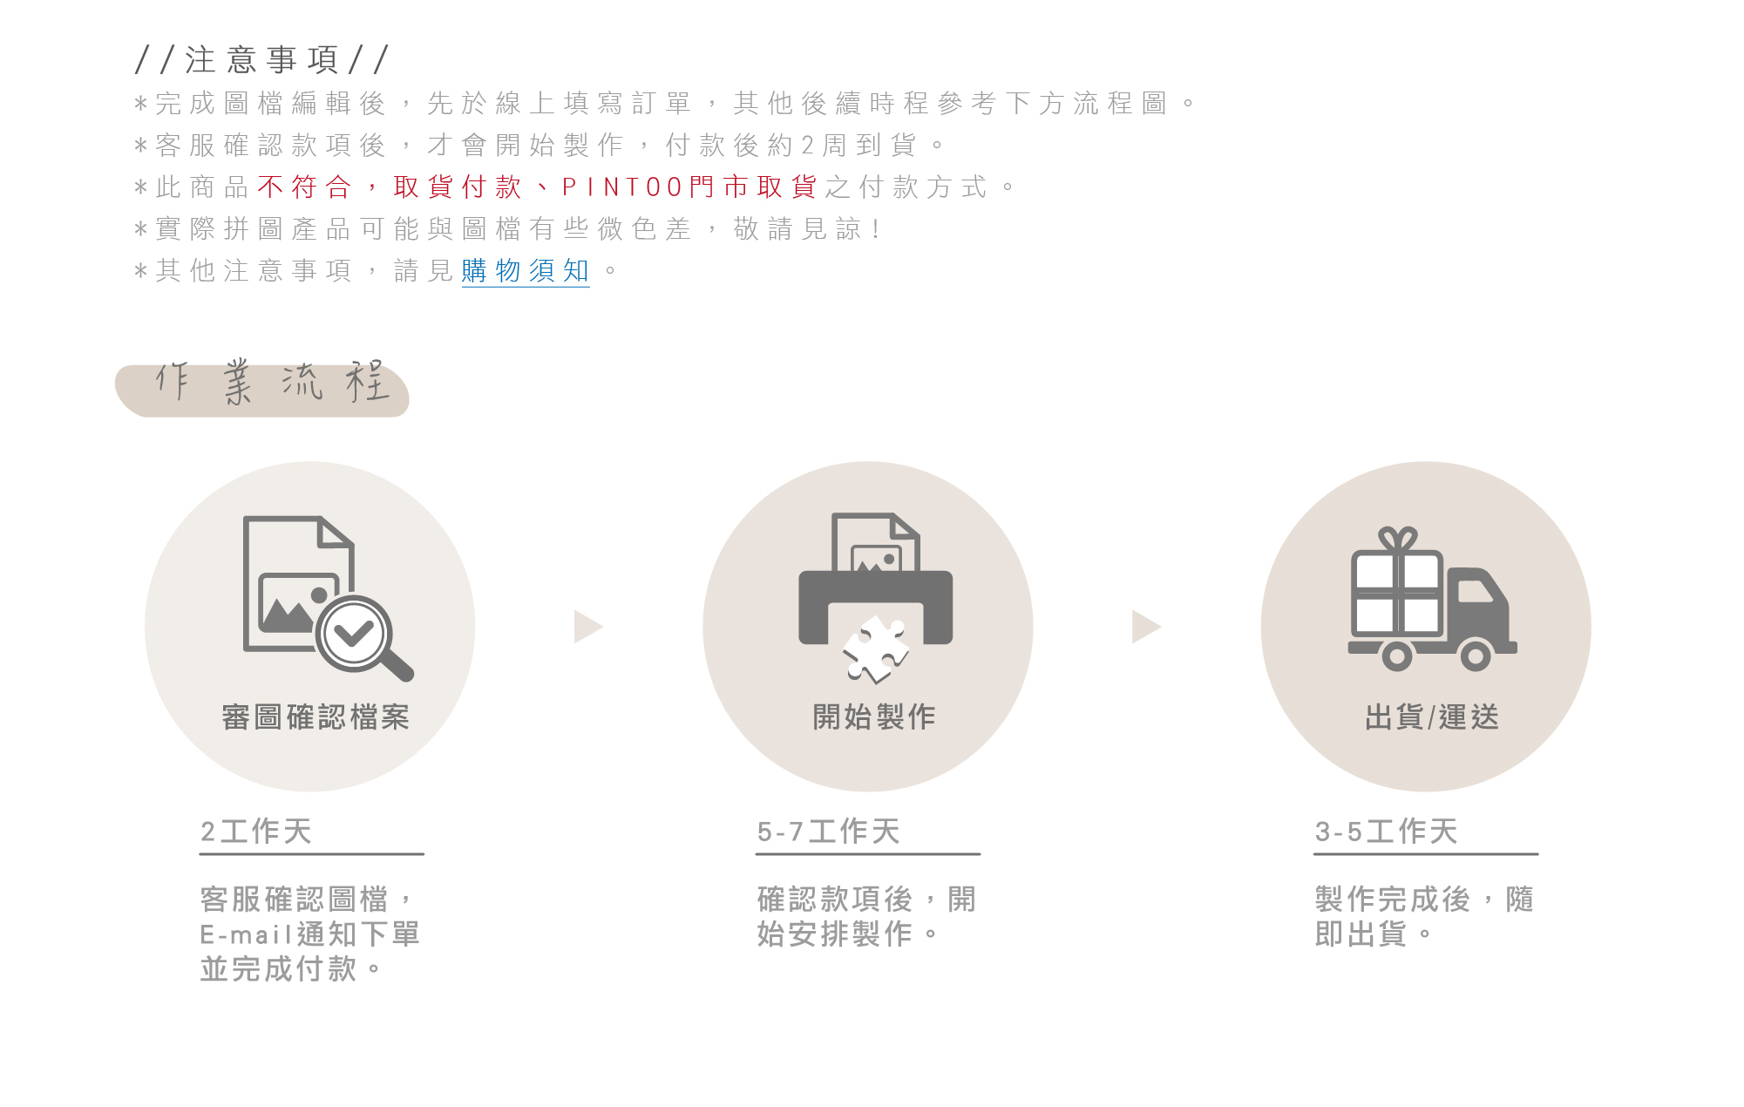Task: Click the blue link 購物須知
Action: coord(525,271)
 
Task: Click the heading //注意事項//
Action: coord(261,60)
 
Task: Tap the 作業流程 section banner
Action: coord(262,388)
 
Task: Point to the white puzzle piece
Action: coord(875,650)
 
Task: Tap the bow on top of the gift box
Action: coord(1397,539)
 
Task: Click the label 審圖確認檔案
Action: coord(316,717)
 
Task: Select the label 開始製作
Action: coord(874,717)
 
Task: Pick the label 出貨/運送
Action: coord(1432,717)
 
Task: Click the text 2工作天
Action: coord(256,832)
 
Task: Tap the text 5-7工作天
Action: coord(828,832)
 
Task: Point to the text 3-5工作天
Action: coord(1386,832)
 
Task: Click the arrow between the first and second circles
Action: coord(587,627)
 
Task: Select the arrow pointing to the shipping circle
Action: coord(1145,627)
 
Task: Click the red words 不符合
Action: coord(304,187)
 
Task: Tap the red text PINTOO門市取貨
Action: coord(689,187)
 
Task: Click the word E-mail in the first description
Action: coord(246,935)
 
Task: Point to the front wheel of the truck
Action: coord(1475,655)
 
